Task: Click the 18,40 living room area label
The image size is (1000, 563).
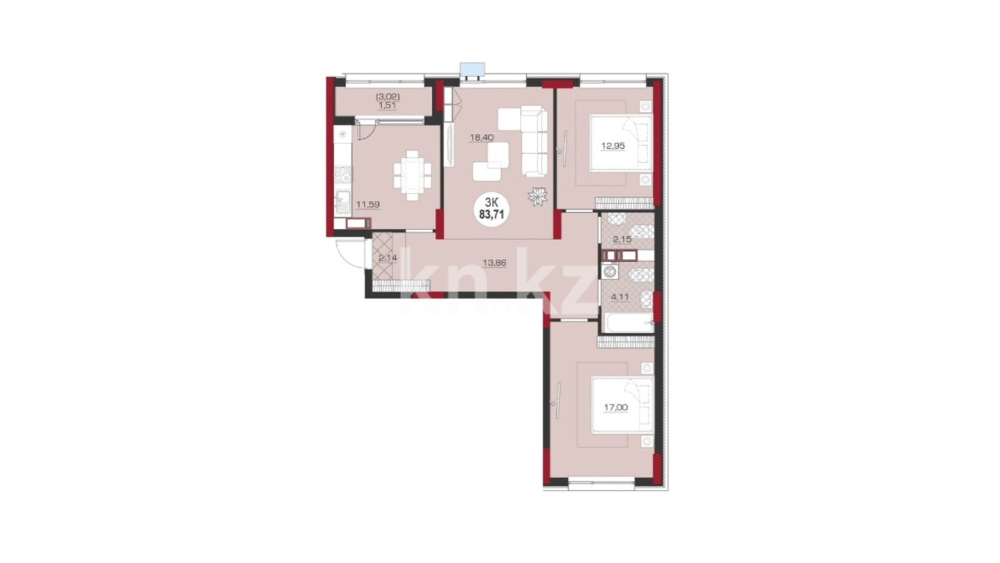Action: [481, 138]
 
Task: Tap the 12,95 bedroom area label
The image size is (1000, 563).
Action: [613, 146]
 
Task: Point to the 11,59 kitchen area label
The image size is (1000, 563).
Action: [367, 205]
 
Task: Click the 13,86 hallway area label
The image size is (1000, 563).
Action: [494, 263]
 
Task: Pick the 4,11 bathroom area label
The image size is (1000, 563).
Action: [619, 296]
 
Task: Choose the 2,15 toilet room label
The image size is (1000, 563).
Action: [622, 240]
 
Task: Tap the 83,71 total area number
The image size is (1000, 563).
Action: [491, 214]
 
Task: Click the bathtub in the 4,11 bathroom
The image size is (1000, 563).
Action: [627, 323]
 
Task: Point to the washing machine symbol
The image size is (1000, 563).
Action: [609, 271]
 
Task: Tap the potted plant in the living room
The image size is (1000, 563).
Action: [537, 196]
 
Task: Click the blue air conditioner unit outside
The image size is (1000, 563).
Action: [472, 69]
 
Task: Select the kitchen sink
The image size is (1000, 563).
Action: [342, 203]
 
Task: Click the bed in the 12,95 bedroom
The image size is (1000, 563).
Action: [621, 143]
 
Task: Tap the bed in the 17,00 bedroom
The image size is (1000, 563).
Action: [622, 405]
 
